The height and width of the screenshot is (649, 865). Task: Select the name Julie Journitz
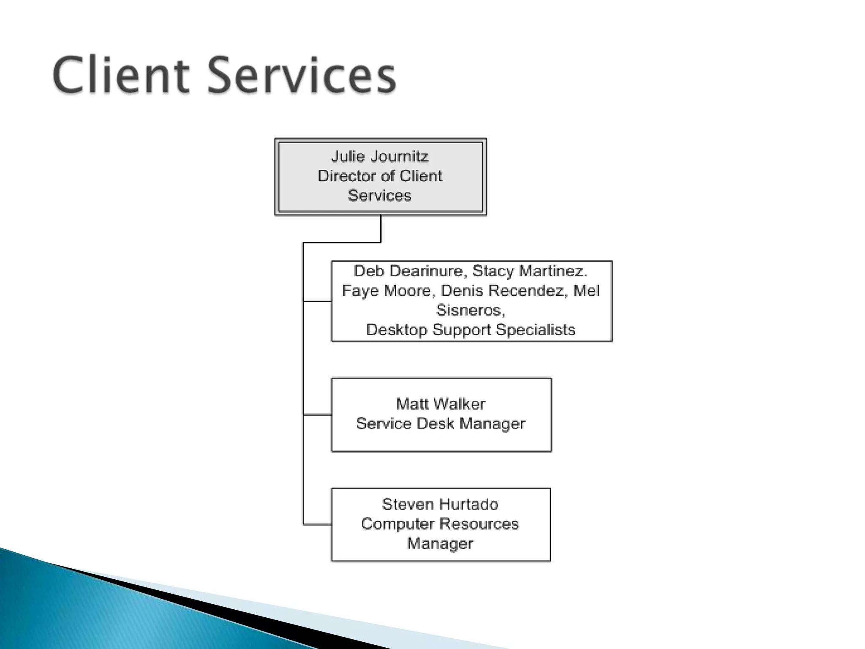point(380,156)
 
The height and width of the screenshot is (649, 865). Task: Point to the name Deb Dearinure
point(408,271)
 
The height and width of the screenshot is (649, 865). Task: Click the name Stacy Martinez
point(529,271)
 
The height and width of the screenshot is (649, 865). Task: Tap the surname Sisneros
point(470,310)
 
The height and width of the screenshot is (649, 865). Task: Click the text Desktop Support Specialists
point(471,330)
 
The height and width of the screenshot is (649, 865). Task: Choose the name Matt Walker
point(441,404)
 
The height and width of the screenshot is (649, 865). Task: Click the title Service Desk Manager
point(441,423)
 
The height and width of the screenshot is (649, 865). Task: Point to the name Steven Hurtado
point(440,504)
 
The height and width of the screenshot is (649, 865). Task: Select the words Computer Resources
point(440,524)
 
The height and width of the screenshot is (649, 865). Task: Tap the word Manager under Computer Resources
point(440,543)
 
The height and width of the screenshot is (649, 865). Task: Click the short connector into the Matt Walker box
point(317,415)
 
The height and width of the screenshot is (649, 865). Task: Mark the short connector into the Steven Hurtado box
point(317,524)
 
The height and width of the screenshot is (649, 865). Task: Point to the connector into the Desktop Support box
point(317,301)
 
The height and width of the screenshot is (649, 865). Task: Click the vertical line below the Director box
point(381,229)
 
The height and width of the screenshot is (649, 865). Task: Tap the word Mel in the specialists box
point(586,291)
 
